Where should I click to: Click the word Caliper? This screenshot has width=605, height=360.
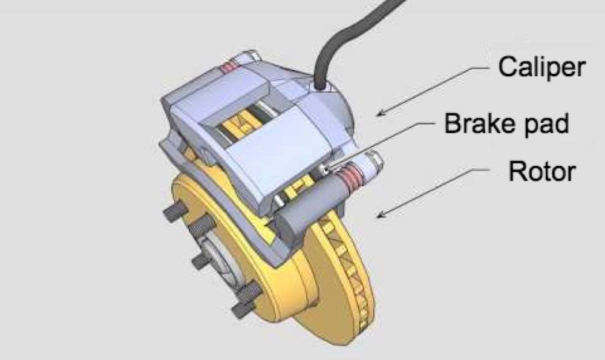[x=541, y=68]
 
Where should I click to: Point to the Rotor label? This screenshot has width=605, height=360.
[x=541, y=171]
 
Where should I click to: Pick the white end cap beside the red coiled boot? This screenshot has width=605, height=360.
[x=373, y=163]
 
